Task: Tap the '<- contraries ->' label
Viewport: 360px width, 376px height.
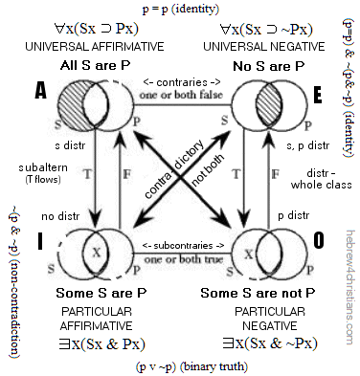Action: point(180,80)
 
